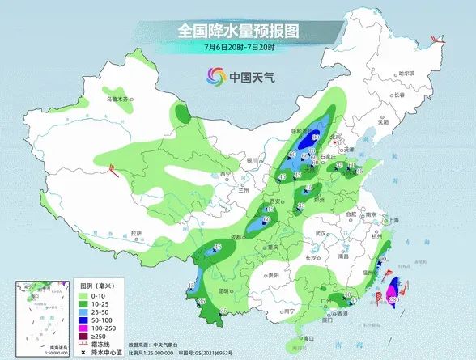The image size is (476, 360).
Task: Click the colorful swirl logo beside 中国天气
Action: [x=215, y=78]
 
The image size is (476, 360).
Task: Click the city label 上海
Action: [x=394, y=220]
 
